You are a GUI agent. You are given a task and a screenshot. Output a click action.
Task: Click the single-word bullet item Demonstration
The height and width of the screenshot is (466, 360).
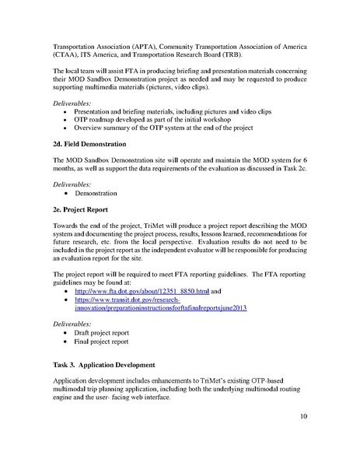[96, 191]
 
